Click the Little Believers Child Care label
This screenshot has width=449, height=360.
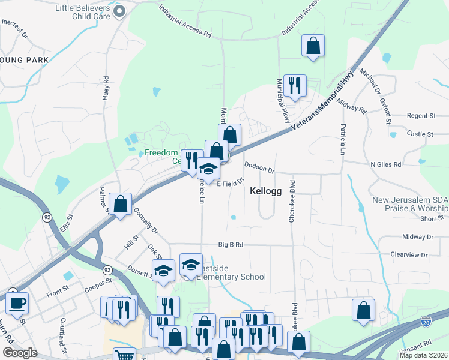(x=82, y=12)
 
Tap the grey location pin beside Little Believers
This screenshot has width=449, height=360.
(x=119, y=11)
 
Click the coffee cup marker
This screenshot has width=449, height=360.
(x=17, y=304)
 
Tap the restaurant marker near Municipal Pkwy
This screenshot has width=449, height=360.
(x=294, y=85)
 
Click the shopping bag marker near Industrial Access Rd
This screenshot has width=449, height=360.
(x=313, y=45)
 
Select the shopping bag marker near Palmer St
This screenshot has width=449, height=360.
(x=121, y=204)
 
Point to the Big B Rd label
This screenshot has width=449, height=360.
(x=231, y=245)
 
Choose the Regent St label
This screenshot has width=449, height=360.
(x=421, y=115)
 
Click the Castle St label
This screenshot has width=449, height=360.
(x=420, y=134)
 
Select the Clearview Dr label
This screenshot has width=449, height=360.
(x=409, y=255)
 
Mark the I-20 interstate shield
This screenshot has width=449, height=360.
(x=426, y=322)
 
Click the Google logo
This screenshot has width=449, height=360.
(x=19, y=353)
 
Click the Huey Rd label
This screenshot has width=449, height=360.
(x=106, y=88)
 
